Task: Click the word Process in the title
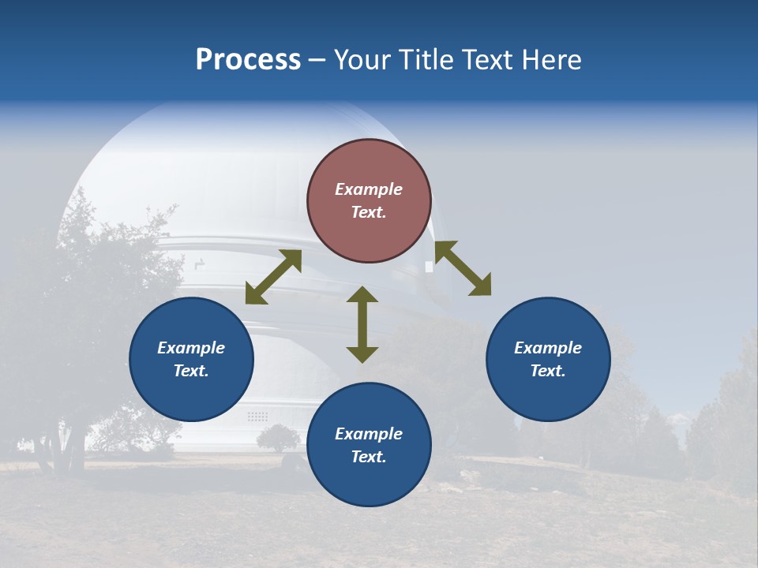tap(248, 60)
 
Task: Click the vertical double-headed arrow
tap(362, 324)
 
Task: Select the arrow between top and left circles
tap(273, 277)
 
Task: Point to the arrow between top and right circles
tap(463, 268)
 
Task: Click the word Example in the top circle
tap(369, 189)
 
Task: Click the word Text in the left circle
tap(191, 371)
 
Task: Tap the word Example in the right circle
tap(548, 348)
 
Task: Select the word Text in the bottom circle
tap(369, 457)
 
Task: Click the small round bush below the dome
tap(279, 437)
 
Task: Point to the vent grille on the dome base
tap(257, 416)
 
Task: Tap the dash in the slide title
tap(317, 61)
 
